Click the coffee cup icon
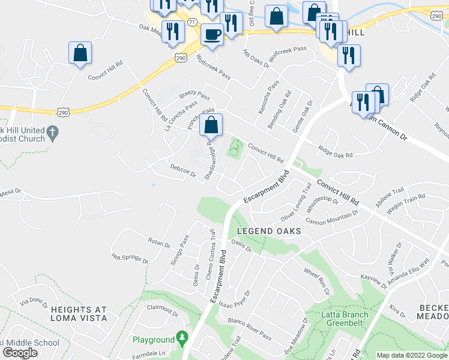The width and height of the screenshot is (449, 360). (x=210, y=34)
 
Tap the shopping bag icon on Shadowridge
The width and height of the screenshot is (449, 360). (x=211, y=125)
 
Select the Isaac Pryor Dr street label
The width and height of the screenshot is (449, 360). (x=234, y=298)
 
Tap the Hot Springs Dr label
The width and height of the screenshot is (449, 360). (x=130, y=258)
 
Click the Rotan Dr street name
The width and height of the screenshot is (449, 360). (x=159, y=242)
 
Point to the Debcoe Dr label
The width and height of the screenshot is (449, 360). (x=182, y=171)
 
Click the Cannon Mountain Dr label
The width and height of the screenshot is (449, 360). (x=331, y=217)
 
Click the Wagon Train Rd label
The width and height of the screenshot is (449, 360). (x=405, y=200)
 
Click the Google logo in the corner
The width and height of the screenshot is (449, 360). (x=20, y=353)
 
